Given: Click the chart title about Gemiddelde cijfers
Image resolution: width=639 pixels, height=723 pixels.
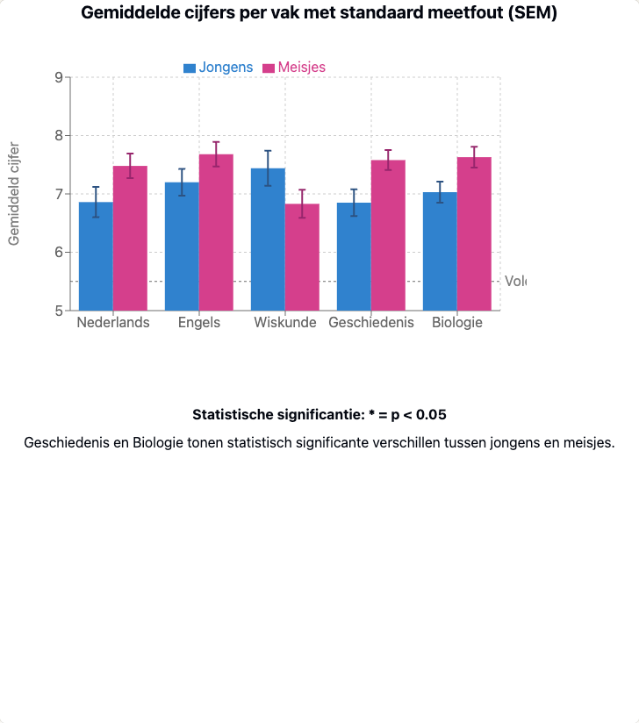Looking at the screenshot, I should coord(319,13).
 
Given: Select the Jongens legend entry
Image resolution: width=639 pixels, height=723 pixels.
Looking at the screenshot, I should coord(219,68).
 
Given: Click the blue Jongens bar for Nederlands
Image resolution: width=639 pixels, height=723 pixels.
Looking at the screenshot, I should coord(96,256).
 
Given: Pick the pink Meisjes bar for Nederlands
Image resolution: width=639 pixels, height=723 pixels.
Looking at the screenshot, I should coord(130,238).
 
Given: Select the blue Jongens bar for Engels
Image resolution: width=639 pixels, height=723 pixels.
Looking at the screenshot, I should coord(182,246).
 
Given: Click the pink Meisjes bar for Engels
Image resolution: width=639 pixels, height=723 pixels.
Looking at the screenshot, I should coord(216,233).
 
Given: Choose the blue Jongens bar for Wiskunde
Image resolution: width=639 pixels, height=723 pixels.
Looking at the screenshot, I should coord(268,239).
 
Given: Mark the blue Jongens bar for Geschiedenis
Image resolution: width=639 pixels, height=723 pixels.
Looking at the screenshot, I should coord(354,256).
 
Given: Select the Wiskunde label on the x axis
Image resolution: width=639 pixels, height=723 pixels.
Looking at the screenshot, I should coord(285,323).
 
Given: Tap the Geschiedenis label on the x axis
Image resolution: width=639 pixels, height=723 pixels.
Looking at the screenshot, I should coord(370,323).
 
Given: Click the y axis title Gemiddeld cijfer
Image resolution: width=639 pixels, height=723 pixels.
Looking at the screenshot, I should coord(14,193).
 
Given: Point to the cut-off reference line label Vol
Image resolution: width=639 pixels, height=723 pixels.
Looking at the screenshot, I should coord(515,282).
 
